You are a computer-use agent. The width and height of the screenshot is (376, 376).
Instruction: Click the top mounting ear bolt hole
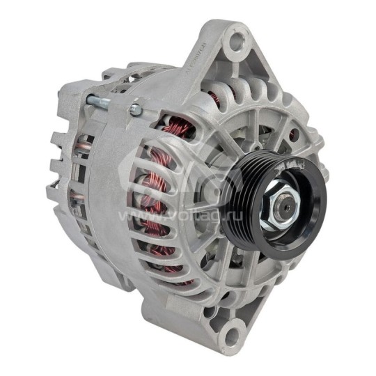tap(237, 40)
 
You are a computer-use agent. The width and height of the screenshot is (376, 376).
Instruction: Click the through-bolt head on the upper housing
tap(135, 110)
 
